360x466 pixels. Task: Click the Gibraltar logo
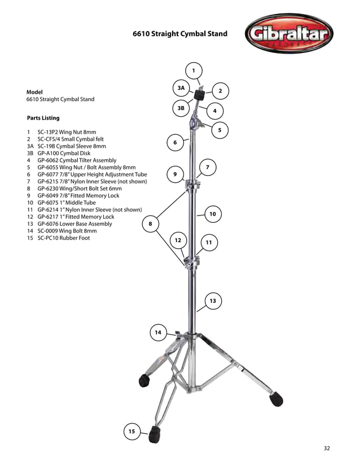(x=288, y=33)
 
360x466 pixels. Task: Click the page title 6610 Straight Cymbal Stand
(x=180, y=34)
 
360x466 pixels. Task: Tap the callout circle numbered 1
(x=193, y=71)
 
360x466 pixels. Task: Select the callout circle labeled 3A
(x=181, y=89)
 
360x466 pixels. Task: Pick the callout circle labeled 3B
(x=181, y=107)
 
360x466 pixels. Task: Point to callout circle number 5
(x=219, y=130)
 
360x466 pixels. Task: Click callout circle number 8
(x=150, y=224)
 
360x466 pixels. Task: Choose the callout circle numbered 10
(x=213, y=214)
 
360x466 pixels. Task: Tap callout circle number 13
(x=213, y=301)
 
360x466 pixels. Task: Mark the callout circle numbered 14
(x=158, y=333)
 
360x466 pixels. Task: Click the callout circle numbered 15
(x=131, y=432)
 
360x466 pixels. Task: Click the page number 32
(x=327, y=449)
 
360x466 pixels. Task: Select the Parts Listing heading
(x=43, y=118)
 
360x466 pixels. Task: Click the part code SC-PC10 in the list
(x=50, y=238)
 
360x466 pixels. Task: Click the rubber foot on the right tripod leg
(x=276, y=399)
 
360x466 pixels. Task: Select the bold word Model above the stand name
(x=34, y=91)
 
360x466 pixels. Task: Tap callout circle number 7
(x=208, y=168)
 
